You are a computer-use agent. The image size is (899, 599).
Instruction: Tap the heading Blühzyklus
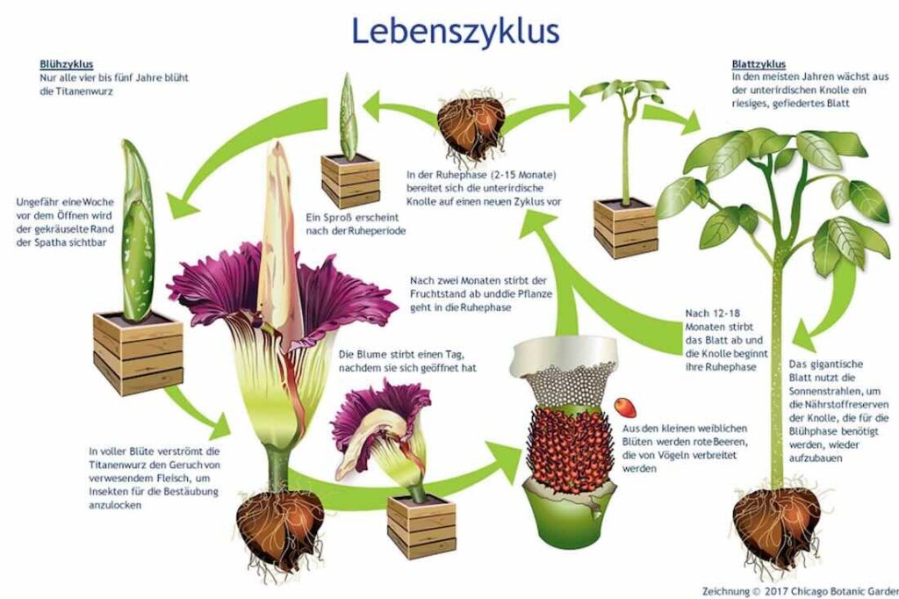pyautogui.click(x=67, y=64)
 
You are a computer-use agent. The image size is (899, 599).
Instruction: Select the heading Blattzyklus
pyautogui.click(x=759, y=64)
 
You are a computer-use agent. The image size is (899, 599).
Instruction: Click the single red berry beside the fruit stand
pyautogui.click(x=623, y=407)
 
